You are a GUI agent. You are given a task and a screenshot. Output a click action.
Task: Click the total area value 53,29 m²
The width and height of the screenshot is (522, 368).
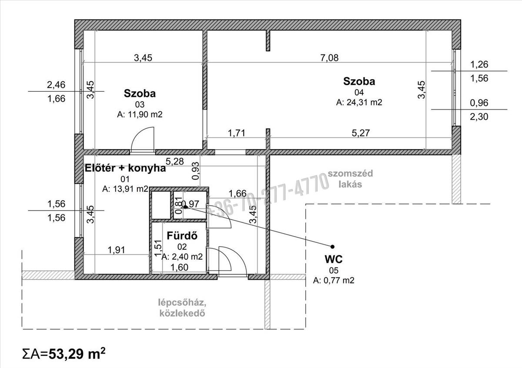coord(77,354)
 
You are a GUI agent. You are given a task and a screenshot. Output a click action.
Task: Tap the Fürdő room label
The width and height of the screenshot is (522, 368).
coord(182,236)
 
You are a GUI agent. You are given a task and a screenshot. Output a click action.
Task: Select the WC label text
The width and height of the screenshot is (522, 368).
coord(334,259)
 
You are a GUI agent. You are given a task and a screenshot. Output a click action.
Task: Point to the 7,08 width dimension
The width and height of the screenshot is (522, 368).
coord(329,57)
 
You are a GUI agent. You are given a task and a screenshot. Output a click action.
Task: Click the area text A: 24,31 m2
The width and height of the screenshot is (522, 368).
coord(359,102)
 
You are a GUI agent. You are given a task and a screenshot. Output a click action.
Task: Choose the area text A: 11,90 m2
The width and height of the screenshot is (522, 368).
coord(140,114)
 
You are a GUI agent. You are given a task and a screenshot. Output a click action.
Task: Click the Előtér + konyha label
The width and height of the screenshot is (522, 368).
coord(125,168)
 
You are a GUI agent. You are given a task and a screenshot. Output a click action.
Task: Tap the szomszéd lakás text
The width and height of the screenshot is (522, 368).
coord(350,179)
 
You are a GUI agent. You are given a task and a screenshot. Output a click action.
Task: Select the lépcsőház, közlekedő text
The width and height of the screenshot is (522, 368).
coord(182,308)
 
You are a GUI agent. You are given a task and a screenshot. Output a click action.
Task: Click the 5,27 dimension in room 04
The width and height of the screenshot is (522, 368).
coord(361,133)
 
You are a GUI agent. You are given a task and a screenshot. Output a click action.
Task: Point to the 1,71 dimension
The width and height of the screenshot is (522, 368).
coord(236,133)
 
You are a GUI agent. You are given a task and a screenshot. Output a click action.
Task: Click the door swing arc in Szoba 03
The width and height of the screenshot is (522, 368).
coord(140,135)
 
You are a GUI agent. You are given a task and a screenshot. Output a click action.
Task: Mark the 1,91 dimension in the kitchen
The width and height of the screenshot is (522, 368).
coord(116,250)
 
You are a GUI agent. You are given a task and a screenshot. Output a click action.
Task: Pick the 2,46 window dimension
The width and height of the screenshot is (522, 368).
coord(56,84)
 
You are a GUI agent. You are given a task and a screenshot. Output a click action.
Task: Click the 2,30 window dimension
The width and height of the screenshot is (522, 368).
coord(478,117)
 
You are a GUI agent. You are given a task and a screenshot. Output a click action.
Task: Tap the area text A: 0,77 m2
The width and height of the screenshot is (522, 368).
coord(334,280)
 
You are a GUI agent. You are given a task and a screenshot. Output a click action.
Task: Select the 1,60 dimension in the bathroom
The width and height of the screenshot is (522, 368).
coord(179,268)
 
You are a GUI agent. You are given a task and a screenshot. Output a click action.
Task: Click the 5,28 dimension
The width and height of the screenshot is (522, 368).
coord(174,161)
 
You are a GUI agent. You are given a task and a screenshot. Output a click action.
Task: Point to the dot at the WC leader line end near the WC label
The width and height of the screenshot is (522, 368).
coord(332,247)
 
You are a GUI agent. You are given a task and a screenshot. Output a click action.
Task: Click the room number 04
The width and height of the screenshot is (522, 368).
coord(359,93)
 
